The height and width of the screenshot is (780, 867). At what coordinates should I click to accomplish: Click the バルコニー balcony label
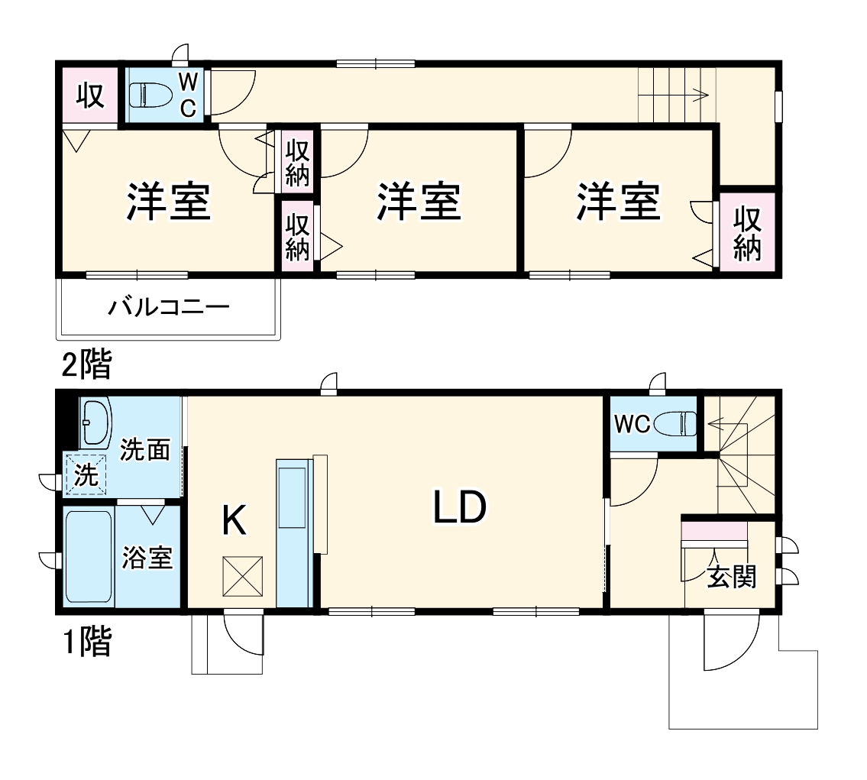(x=169, y=308)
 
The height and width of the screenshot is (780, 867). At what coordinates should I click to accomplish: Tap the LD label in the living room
(x=460, y=507)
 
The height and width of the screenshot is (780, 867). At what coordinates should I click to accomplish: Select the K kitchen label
(x=234, y=522)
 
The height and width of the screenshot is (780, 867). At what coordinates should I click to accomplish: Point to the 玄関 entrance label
(x=731, y=577)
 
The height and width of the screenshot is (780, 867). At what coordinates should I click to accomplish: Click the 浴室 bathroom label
(x=147, y=558)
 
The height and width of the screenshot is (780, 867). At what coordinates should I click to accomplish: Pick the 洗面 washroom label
(x=145, y=451)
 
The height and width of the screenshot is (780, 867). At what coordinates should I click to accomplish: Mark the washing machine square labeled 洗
(x=86, y=475)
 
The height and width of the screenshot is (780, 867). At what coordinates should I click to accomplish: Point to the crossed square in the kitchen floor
(x=243, y=576)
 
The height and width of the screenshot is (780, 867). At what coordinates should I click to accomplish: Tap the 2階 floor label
(x=86, y=367)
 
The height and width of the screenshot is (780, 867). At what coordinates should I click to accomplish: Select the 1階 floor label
(x=86, y=643)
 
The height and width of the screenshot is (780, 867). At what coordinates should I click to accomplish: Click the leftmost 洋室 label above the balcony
(x=168, y=202)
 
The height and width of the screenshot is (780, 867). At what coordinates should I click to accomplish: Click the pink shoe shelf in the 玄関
(x=714, y=530)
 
